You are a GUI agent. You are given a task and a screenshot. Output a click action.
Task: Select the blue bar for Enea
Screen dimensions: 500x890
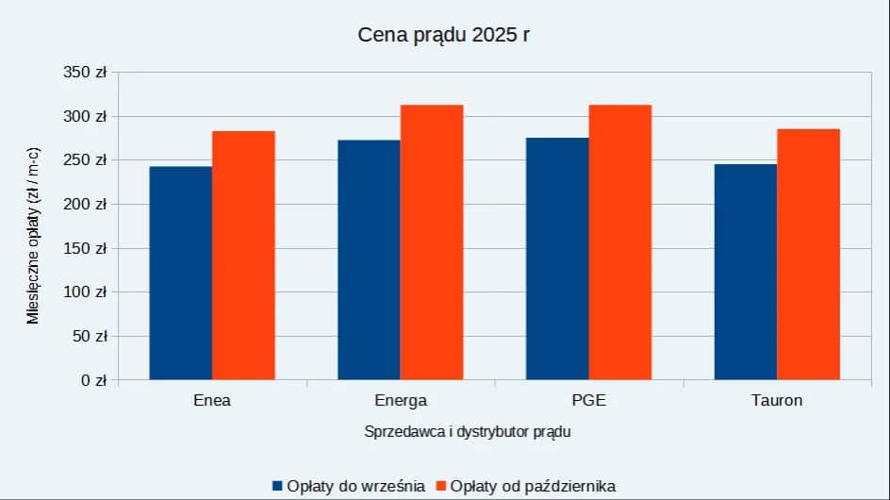tap(180, 274)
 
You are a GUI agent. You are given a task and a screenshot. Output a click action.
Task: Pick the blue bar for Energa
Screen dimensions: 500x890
tap(369, 260)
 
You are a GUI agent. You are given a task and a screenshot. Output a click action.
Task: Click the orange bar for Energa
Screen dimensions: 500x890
tap(432, 242)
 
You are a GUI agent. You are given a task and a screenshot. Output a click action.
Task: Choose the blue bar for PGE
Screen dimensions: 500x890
tap(557, 259)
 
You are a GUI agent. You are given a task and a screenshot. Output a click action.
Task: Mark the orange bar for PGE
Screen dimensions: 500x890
tap(620, 242)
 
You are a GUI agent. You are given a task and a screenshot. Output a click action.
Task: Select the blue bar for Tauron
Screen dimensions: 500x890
tap(746, 273)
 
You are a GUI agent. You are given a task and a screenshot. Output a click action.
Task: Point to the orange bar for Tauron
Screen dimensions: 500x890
tap(809, 255)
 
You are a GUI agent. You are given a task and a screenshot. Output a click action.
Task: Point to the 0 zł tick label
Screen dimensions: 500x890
tap(93, 380)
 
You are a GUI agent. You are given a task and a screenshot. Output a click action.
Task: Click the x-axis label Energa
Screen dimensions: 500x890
tap(401, 400)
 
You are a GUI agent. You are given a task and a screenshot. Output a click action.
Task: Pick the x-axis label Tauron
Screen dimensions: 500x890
tap(777, 400)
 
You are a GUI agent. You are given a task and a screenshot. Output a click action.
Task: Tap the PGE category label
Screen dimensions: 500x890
tap(588, 400)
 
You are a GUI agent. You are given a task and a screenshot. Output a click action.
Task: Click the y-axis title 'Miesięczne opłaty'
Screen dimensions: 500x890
tap(33, 236)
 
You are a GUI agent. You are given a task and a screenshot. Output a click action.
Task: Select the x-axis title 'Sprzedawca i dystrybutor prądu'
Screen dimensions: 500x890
tap(468, 432)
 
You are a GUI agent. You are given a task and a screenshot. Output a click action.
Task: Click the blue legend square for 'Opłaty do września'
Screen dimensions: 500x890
tap(277, 486)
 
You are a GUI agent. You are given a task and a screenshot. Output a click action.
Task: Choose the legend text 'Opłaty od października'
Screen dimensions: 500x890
tap(533, 486)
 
